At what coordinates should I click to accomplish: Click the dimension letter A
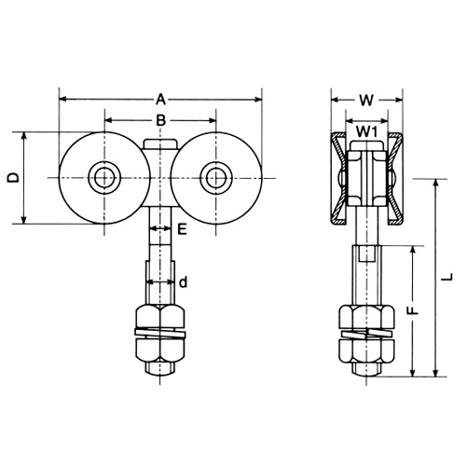pos(160,100)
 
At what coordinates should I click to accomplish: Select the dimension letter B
pos(160,120)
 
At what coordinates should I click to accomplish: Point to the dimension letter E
pos(182,229)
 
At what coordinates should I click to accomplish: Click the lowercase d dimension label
pos(184,282)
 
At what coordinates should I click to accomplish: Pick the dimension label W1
pos(366,132)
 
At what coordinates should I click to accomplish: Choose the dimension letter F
pos(413,311)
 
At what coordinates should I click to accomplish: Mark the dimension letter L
pos(447,278)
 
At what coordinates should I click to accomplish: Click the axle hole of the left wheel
pos(104,178)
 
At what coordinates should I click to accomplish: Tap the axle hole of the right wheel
pos(216,178)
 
